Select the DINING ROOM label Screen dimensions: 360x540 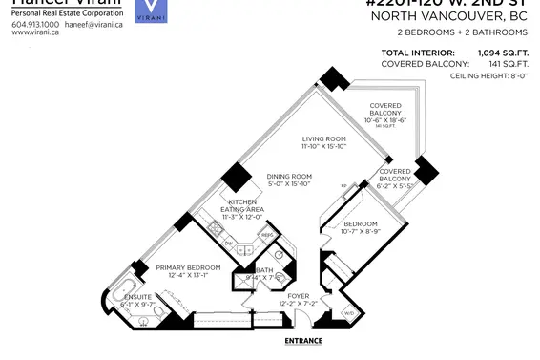tap(288, 176)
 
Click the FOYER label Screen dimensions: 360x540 tap(300, 296)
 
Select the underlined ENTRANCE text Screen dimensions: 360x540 tap(302, 341)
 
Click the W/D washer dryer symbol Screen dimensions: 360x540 tap(348, 312)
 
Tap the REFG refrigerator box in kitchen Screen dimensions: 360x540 tap(267, 234)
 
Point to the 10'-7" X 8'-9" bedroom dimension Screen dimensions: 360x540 tap(363, 230)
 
